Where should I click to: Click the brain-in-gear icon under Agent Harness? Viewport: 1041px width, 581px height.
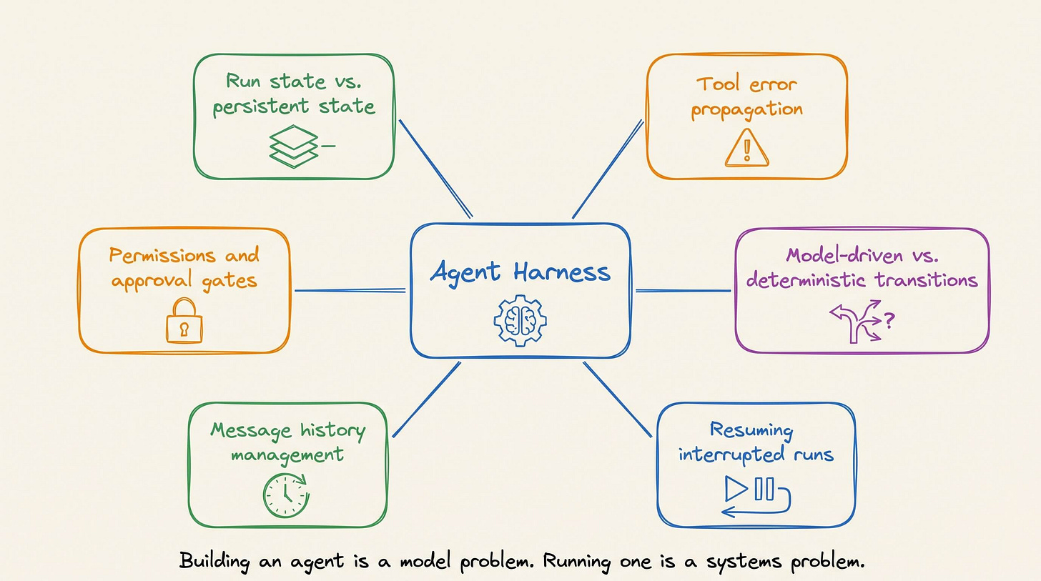[520, 320]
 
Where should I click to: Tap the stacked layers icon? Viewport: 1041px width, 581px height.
[294, 147]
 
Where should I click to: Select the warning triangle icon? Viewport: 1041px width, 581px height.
[747, 148]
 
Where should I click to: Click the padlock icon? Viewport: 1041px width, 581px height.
[184, 321]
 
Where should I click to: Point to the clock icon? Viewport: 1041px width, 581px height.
[286, 495]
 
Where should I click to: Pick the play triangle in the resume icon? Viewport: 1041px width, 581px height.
[736, 489]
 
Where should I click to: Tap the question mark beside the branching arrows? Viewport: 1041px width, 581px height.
[889, 320]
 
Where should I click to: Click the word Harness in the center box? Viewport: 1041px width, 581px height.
[562, 272]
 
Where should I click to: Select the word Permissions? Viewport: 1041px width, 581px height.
[162, 255]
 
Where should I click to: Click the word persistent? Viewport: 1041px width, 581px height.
[261, 107]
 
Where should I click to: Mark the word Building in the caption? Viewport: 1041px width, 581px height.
[214, 561]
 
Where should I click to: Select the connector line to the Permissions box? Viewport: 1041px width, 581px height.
[350, 291]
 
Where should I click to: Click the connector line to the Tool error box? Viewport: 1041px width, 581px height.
[608, 169]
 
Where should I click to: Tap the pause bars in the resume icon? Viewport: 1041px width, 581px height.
[764, 489]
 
